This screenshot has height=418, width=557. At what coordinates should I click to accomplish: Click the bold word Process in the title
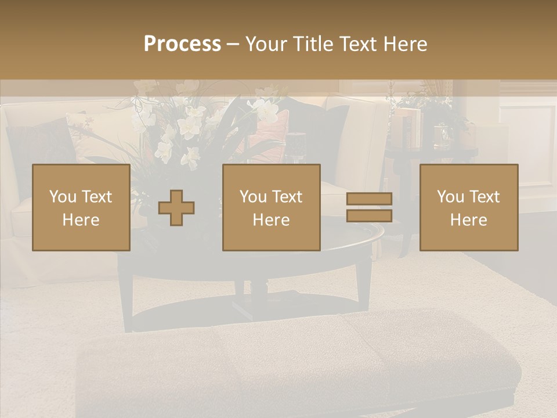pos(182,44)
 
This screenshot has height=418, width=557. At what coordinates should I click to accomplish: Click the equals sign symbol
pos(369,207)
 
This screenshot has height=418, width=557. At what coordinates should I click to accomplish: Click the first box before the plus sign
pos(81,207)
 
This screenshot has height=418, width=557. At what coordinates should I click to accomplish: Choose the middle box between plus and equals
pos(271,207)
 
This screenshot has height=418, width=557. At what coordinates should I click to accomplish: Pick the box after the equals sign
pos(468,207)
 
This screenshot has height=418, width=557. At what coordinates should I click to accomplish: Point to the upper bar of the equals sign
pos(369,199)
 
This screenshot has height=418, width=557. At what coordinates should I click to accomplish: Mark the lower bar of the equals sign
pos(369,215)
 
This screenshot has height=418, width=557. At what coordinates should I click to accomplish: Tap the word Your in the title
pos(265,44)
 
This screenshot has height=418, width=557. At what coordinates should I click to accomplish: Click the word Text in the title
pos(357,44)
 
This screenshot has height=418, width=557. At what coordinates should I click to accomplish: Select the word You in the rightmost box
pos(450,197)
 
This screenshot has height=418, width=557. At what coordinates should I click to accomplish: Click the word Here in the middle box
pos(271,220)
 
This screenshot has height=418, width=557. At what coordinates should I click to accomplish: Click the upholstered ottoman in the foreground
pos(296,360)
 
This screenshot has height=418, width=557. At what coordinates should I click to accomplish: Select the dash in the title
pos(233,44)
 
